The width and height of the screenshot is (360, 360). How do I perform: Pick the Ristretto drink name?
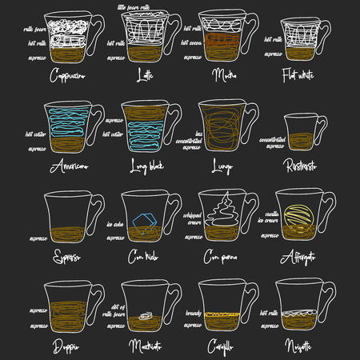[x=303, y=166]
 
